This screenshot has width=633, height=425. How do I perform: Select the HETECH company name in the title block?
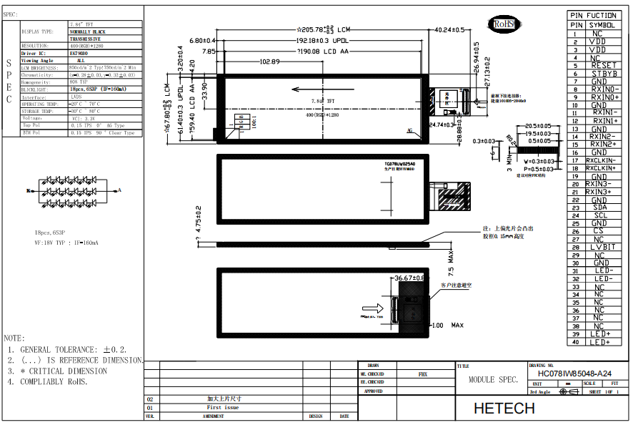[x=504, y=408]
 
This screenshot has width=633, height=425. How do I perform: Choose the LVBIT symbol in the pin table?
[x=604, y=247]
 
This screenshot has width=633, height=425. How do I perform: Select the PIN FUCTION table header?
[x=593, y=15]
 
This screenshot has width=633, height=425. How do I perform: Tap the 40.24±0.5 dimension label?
[x=449, y=29]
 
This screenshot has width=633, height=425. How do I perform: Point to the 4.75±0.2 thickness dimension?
[x=199, y=220]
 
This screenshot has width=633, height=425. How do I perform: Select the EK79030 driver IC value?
[x=79, y=54]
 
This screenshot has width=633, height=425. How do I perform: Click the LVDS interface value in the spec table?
[x=76, y=97]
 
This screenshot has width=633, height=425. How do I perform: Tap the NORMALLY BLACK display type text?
[x=88, y=32]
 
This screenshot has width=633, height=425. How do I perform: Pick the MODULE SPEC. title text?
[x=493, y=380]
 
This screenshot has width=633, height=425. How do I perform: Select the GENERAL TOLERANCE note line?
[x=67, y=349]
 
